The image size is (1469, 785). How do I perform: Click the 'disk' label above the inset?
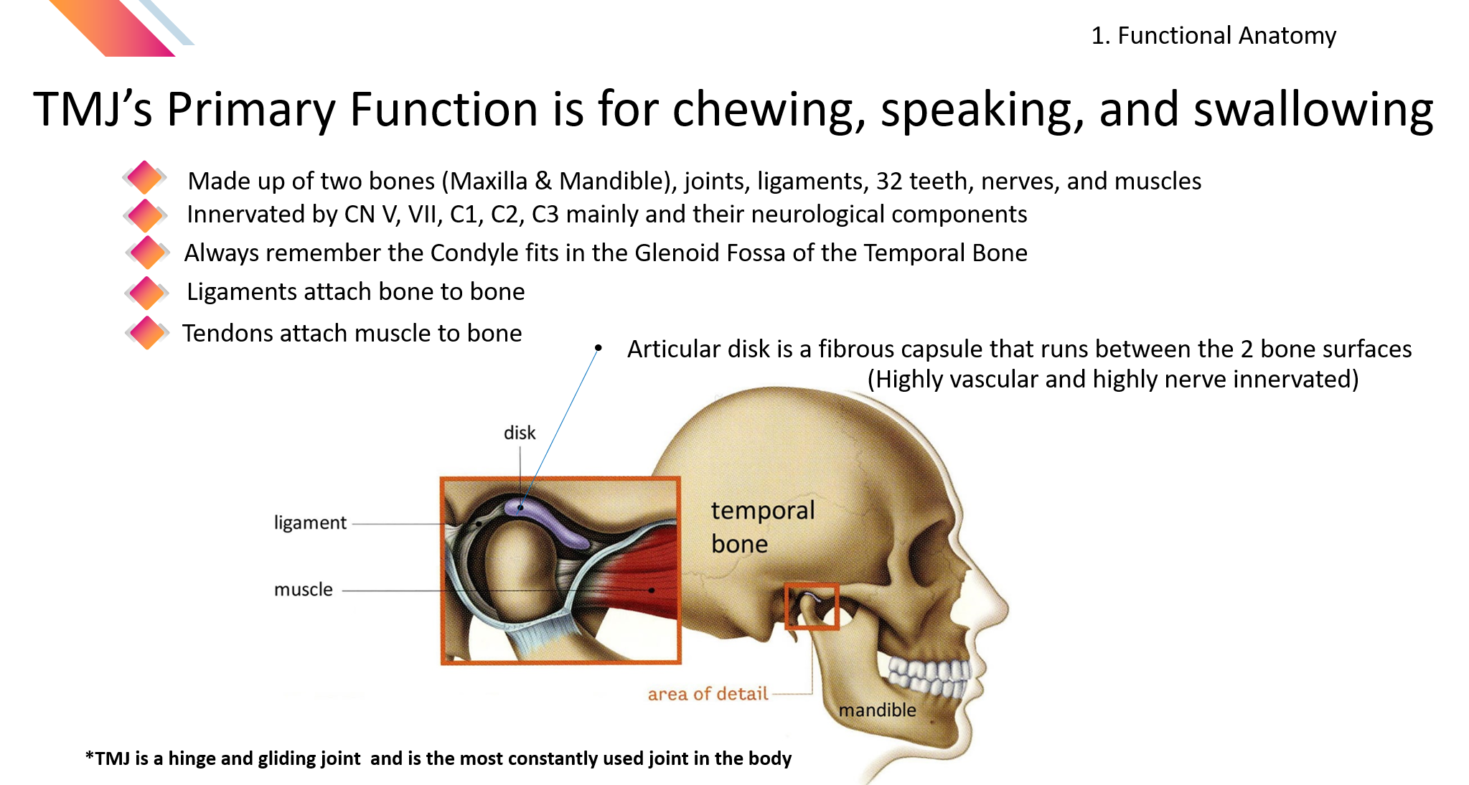point(520,433)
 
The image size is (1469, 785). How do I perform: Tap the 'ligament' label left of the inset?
point(310,523)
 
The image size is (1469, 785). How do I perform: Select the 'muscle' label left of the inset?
point(304,590)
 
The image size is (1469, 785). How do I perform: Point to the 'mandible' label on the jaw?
point(877,710)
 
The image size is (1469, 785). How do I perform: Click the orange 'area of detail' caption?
point(708,694)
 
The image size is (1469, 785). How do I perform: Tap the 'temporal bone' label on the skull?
point(763,527)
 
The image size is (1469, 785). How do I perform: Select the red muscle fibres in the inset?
point(639,574)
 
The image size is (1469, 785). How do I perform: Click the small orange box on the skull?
point(812,606)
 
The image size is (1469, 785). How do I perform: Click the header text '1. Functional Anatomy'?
point(1214,35)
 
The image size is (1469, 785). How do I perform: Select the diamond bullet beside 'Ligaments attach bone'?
point(147,293)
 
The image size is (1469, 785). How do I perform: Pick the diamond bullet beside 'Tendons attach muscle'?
point(147,332)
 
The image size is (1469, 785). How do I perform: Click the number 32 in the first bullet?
point(889,181)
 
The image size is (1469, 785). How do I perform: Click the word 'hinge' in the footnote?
point(191,758)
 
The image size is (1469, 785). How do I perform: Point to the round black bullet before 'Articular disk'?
point(598,348)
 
